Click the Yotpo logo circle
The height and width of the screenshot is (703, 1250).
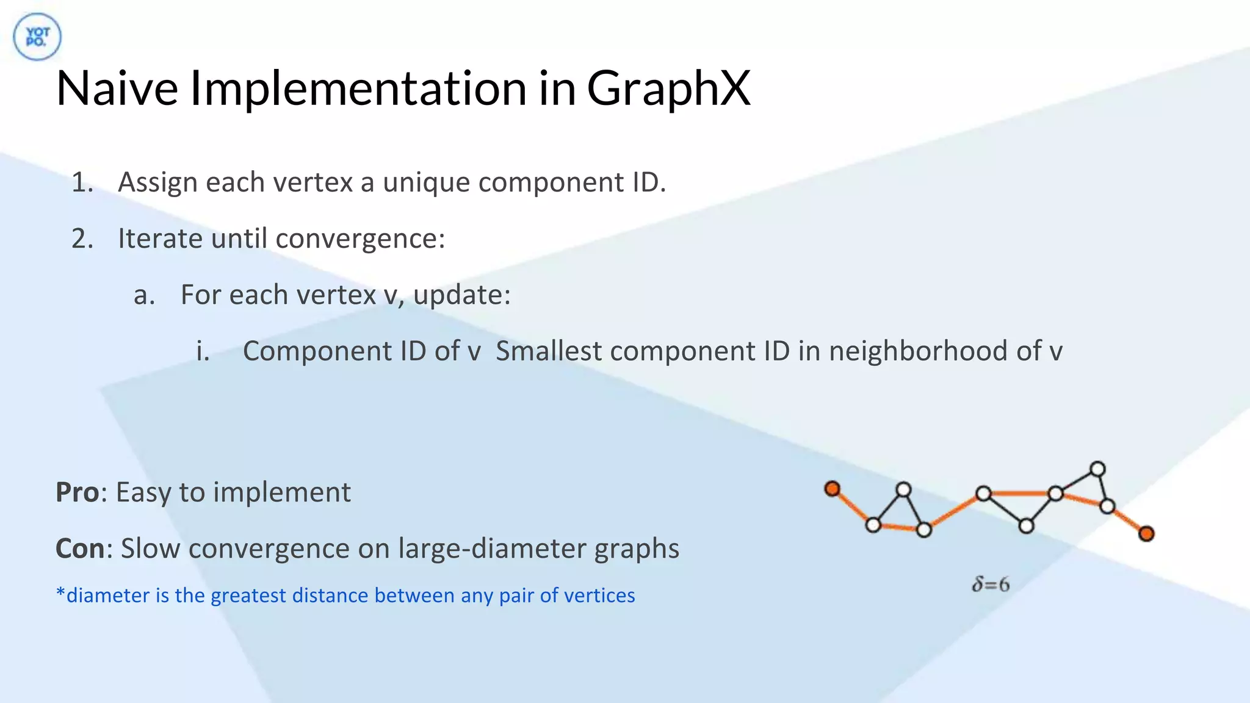(x=37, y=37)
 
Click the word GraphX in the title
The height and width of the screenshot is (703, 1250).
(x=668, y=88)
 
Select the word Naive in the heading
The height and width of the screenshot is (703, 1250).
(x=117, y=88)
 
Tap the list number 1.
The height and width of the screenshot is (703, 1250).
(x=81, y=182)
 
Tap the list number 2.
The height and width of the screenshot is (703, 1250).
(x=82, y=239)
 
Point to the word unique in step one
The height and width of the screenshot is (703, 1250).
(x=426, y=182)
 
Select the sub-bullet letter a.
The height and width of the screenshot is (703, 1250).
(x=144, y=295)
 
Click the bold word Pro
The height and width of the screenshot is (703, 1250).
(x=77, y=492)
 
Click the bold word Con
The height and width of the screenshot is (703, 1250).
(x=80, y=549)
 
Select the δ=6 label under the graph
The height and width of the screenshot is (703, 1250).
(x=991, y=585)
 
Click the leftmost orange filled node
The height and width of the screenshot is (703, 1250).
(x=833, y=489)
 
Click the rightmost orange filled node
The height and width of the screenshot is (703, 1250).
(x=1146, y=534)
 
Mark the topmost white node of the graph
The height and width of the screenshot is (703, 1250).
(x=1097, y=469)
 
